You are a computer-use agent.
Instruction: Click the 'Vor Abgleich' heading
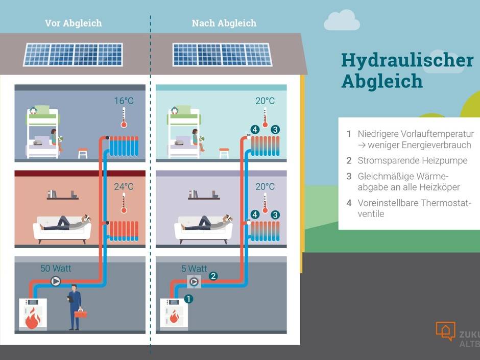pyautogui.click(x=73, y=23)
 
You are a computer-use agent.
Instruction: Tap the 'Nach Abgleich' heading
pyautogui.click(x=224, y=23)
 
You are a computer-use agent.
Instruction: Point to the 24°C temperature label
pyautogui.click(x=123, y=186)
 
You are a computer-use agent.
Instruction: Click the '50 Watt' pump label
pyautogui.click(x=56, y=268)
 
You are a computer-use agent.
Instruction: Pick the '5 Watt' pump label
pyautogui.click(x=194, y=268)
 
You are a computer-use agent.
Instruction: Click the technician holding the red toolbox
pyautogui.click(x=75, y=306)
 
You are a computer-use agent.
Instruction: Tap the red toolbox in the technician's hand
pyautogui.click(x=81, y=314)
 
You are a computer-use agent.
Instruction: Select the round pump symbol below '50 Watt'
pyautogui.click(x=56, y=281)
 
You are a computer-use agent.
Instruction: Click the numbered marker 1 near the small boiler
pyautogui.click(x=188, y=299)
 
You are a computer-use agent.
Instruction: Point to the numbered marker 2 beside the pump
pyautogui.click(x=213, y=276)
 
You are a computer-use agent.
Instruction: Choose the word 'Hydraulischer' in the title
pyautogui.click(x=407, y=60)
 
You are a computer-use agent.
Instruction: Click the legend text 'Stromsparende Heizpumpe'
pyautogui.click(x=412, y=160)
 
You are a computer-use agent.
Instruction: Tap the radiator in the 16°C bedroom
pyautogui.click(x=124, y=146)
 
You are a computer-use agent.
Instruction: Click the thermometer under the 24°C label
pyautogui.click(x=123, y=203)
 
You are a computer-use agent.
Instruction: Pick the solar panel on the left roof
pyautogui.click(x=73, y=54)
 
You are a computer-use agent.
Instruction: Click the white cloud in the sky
pyautogui.click(x=342, y=20)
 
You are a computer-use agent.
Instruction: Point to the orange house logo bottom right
pyautogui.click(x=445, y=330)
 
